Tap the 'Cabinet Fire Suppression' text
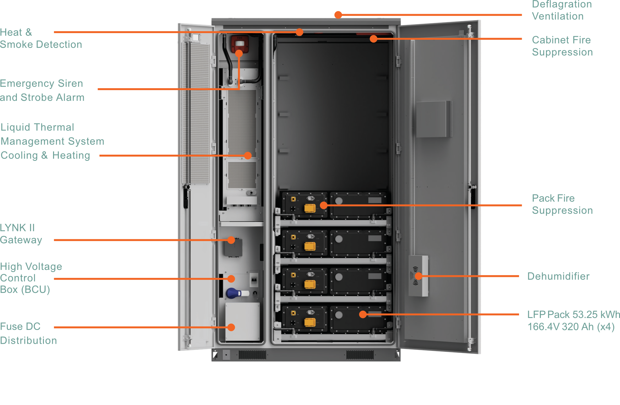click(562, 46)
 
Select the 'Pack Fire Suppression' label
click(562, 204)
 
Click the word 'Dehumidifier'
click(558, 276)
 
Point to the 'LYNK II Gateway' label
click(21, 234)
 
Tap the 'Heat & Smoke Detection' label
click(41, 39)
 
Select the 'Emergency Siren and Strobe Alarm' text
click(42, 90)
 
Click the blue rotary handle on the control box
click(233, 293)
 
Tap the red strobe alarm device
click(240, 44)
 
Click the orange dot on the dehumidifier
click(418, 276)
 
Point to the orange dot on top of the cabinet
click(338, 15)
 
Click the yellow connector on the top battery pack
click(310, 208)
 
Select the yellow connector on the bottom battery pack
click(310, 322)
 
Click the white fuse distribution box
click(242, 322)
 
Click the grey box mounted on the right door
click(433, 119)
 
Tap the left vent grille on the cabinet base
click(252, 354)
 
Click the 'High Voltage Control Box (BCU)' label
click(31, 278)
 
